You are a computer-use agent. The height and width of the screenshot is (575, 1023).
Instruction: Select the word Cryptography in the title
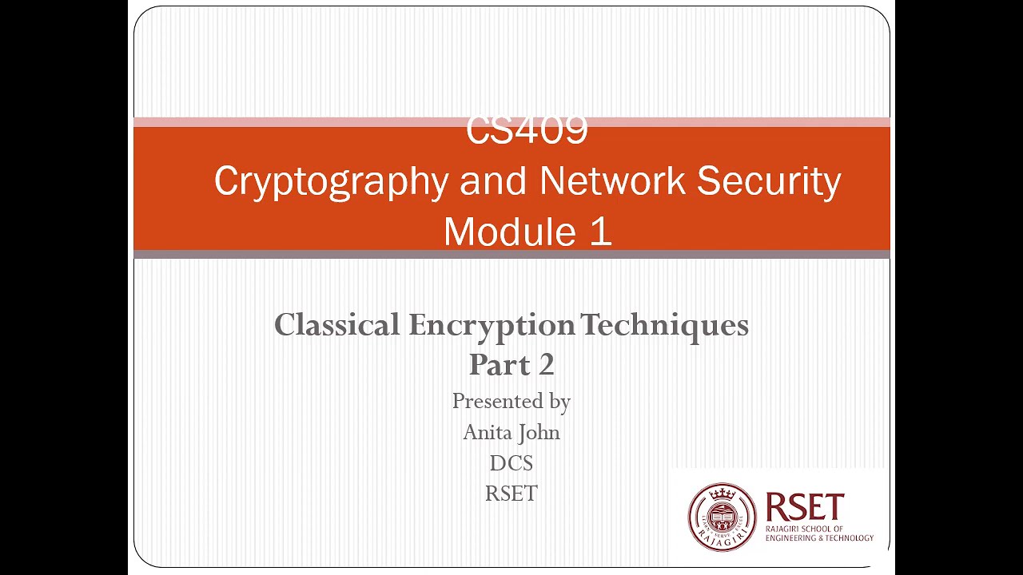pyautogui.click(x=330, y=181)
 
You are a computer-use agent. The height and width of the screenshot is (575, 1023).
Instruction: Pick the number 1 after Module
pyautogui.click(x=601, y=232)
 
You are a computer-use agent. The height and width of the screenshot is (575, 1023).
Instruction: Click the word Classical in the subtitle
pyautogui.click(x=337, y=325)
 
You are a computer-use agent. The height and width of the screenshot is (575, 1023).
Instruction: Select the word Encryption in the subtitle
pyautogui.click(x=492, y=325)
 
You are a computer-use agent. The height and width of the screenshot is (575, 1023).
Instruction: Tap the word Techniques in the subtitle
pyautogui.click(x=664, y=325)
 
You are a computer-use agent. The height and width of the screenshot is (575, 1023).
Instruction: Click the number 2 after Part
pyautogui.click(x=546, y=365)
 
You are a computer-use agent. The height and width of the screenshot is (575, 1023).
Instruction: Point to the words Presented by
pyautogui.click(x=511, y=401)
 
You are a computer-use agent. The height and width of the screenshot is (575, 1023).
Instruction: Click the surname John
pyautogui.click(x=539, y=432)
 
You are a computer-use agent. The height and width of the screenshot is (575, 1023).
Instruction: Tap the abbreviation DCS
pyautogui.click(x=511, y=463)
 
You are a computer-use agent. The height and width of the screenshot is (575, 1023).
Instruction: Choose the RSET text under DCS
pyautogui.click(x=511, y=494)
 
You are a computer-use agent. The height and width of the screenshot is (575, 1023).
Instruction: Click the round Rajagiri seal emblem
pyautogui.click(x=722, y=517)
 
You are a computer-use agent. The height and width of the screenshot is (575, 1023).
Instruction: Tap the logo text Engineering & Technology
pyautogui.click(x=819, y=538)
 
